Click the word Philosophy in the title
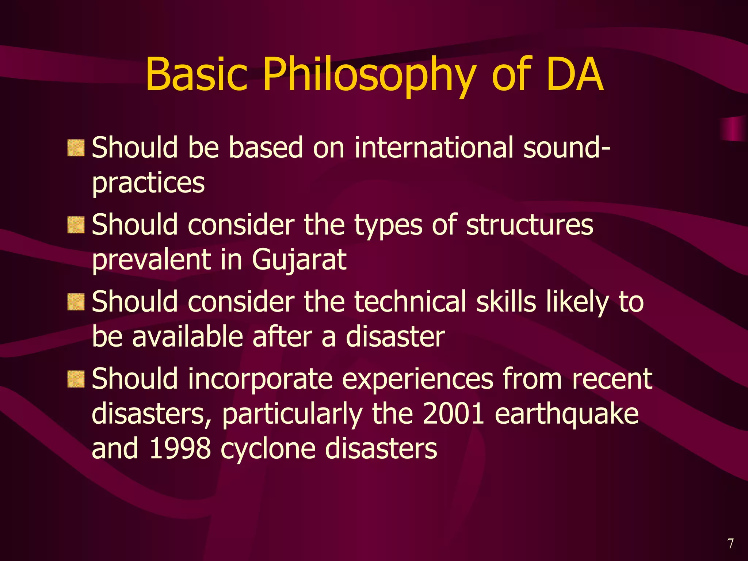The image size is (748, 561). click(369, 75)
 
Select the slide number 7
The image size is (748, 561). click(730, 543)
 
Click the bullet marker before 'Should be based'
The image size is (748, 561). click(76, 148)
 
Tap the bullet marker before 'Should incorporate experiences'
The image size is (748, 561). click(76, 379)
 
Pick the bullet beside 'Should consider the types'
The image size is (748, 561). click(76, 225)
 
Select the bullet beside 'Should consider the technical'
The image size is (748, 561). click(76, 302)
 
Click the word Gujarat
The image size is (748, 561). click(299, 260)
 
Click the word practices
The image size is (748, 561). click(148, 183)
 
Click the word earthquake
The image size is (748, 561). click(566, 415)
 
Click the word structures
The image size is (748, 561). click(530, 225)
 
